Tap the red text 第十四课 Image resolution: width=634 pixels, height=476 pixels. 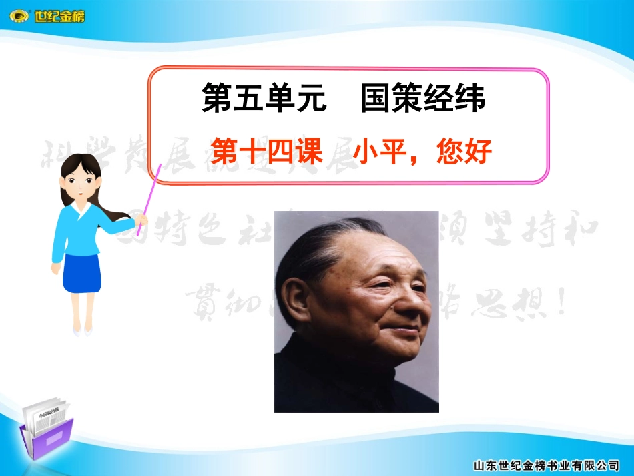tap(266, 152)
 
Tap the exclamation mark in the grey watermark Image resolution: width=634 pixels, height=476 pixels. tap(561, 304)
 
